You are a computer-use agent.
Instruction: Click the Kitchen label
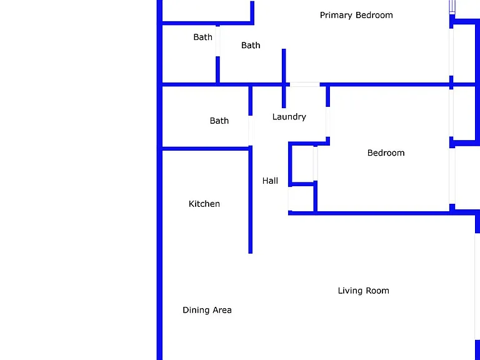(x=204, y=204)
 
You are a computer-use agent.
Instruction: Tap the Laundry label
(x=289, y=117)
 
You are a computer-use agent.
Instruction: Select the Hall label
(x=270, y=181)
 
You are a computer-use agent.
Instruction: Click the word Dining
(x=196, y=310)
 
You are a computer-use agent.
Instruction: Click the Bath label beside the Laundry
(x=219, y=121)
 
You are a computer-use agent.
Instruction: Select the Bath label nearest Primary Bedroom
(x=251, y=45)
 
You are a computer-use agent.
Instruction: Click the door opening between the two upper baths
(x=217, y=41)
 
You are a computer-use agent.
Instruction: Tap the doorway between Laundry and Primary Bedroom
(x=304, y=84)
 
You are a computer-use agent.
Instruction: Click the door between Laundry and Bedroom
(x=328, y=121)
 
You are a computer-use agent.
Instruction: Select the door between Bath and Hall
(x=251, y=131)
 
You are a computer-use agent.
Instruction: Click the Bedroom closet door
(x=315, y=164)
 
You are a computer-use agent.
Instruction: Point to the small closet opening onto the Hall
(x=290, y=198)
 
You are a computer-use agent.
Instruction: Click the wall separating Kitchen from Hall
(x=251, y=199)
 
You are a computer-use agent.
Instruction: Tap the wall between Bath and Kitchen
(x=205, y=149)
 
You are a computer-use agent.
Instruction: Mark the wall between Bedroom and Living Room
(x=382, y=213)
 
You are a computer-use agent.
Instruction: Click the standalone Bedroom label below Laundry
(x=386, y=152)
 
